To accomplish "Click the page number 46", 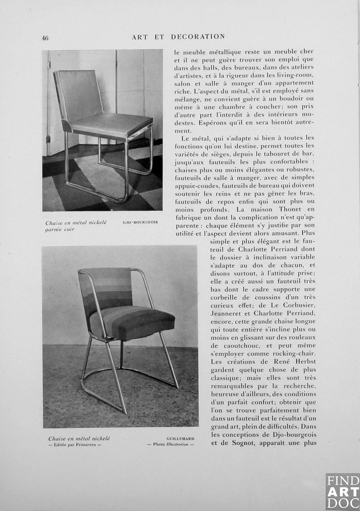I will pos(45,38).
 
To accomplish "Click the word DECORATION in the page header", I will pos(198,37).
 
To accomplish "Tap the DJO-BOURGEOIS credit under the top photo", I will pos(140,222).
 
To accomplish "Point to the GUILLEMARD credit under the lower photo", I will pos(180,439).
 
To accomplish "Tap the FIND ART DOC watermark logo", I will pos(342,491).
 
